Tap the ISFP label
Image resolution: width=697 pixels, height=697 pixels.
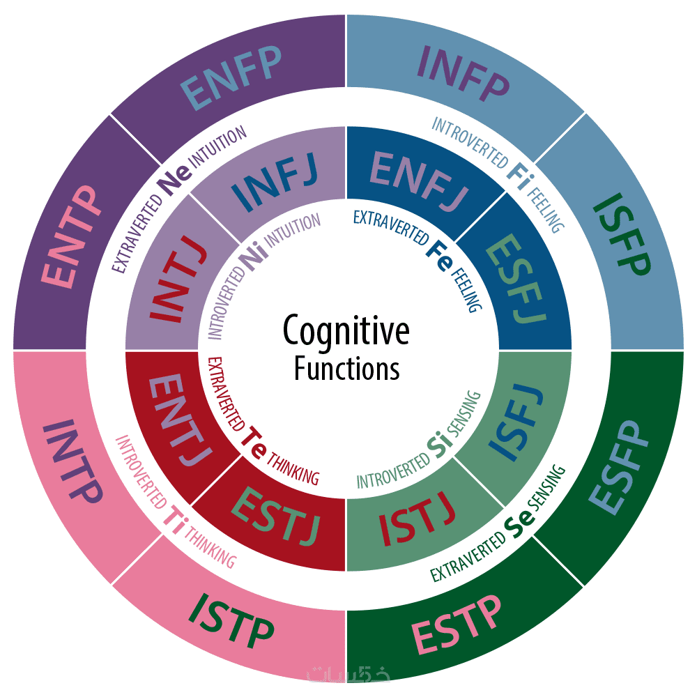pos(622,233)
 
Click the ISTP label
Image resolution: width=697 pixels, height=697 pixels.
pos(231,622)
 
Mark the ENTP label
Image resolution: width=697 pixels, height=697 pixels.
pos(69,236)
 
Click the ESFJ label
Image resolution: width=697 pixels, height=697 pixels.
pos(516,278)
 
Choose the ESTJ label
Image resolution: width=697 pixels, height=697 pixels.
pos(275,516)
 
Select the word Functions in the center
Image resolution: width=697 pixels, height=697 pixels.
pos(346,369)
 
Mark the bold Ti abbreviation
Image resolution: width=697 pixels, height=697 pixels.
pos(174,520)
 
